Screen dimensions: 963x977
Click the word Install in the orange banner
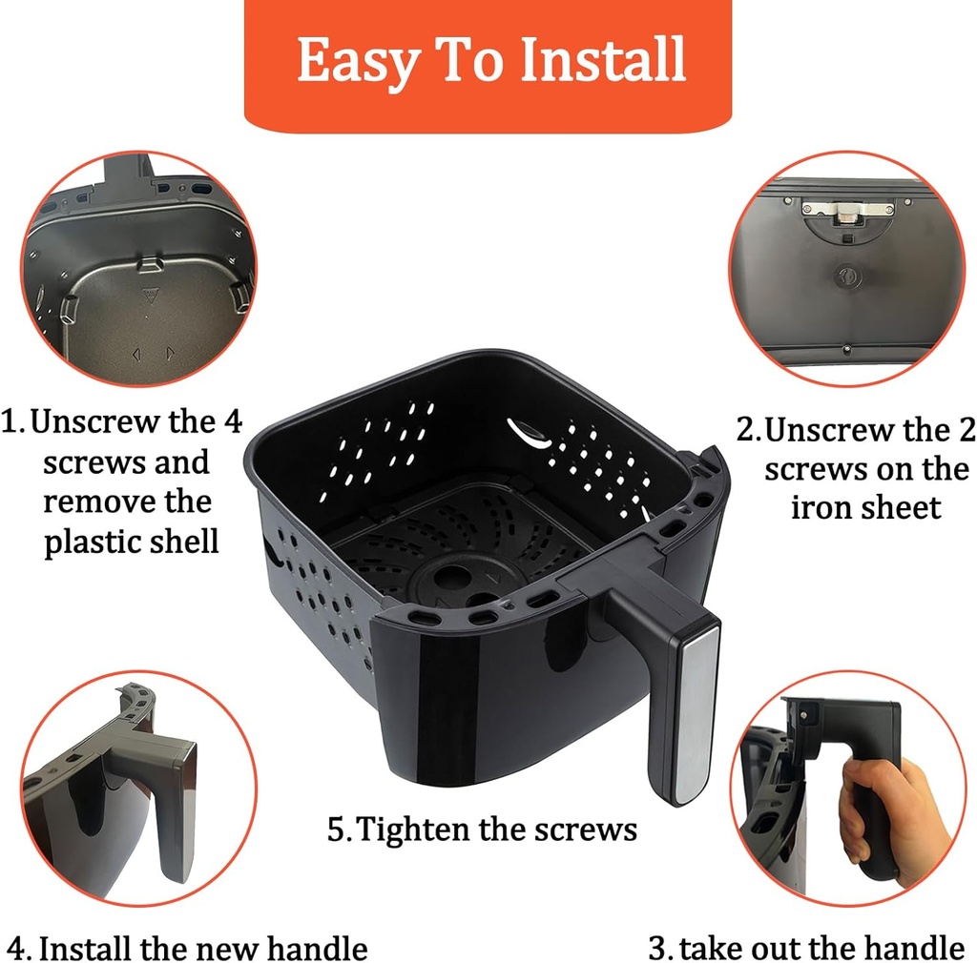[x=604, y=60]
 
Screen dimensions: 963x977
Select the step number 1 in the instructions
[x=11, y=421]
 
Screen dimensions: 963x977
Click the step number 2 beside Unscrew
[x=747, y=431]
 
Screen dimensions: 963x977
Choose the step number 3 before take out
[x=657, y=949]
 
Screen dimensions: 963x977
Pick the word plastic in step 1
[x=99, y=542]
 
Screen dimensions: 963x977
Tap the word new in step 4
[x=222, y=950]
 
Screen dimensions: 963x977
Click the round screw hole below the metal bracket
[x=845, y=277]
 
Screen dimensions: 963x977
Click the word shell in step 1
[x=186, y=542]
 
